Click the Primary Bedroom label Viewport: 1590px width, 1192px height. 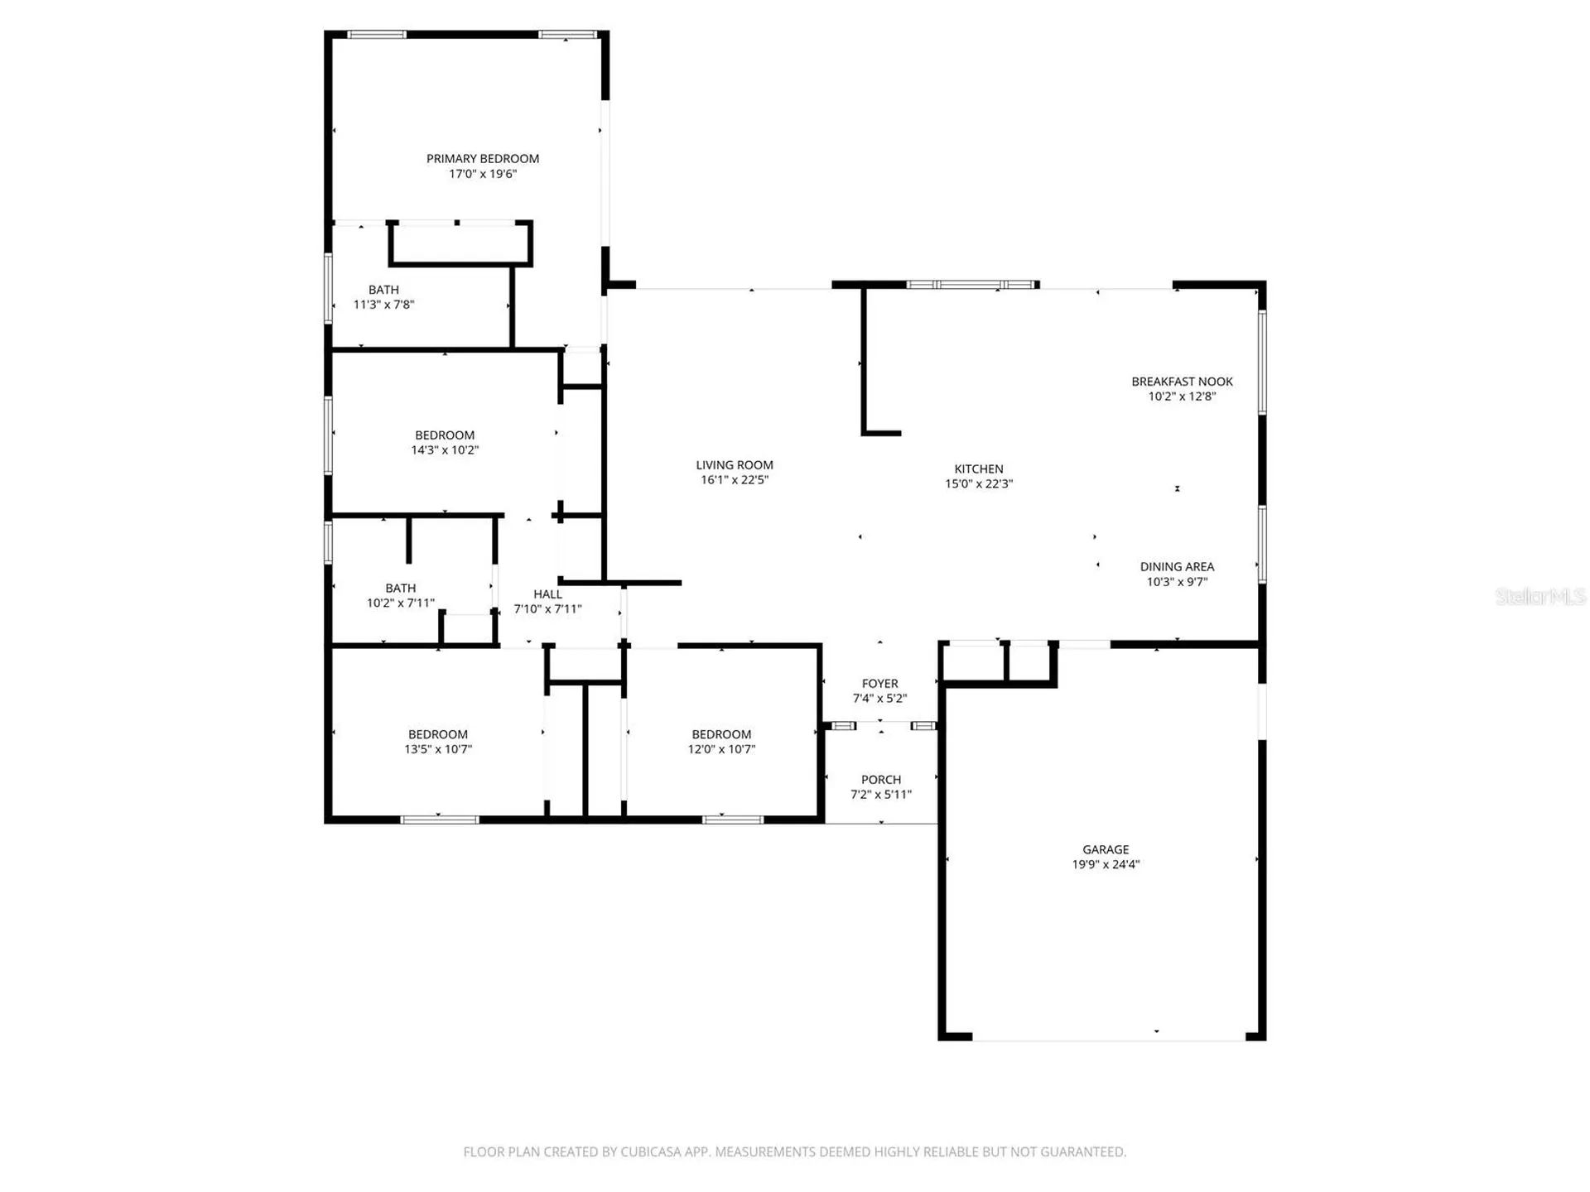coord(483,158)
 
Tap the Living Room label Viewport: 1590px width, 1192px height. coord(735,465)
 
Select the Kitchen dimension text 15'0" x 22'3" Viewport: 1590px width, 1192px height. coord(979,483)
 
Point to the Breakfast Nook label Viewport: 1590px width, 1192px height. coord(1182,382)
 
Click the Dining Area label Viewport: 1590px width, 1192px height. coord(1177,567)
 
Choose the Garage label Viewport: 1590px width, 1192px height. coord(1106,849)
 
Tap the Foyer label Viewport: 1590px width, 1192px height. coord(879,684)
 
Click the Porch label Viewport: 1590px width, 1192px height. coord(881,780)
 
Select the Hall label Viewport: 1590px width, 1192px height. coord(547,594)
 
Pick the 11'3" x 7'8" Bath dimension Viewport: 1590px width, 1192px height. coord(383,305)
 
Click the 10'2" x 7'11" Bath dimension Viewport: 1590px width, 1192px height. coord(401,603)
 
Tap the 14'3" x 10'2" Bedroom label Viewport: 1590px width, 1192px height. coord(445,435)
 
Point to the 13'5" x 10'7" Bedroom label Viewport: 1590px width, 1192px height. coord(438,734)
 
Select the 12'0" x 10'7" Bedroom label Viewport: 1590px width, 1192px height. coord(721,734)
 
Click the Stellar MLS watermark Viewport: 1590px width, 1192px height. coord(1540,596)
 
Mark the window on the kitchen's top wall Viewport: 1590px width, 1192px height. coord(972,285)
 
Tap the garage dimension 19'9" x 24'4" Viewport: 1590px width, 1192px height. coord(1106,864)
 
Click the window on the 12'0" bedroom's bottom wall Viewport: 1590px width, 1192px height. coord(733,819)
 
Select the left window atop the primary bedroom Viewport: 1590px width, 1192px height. coord(377,35)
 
